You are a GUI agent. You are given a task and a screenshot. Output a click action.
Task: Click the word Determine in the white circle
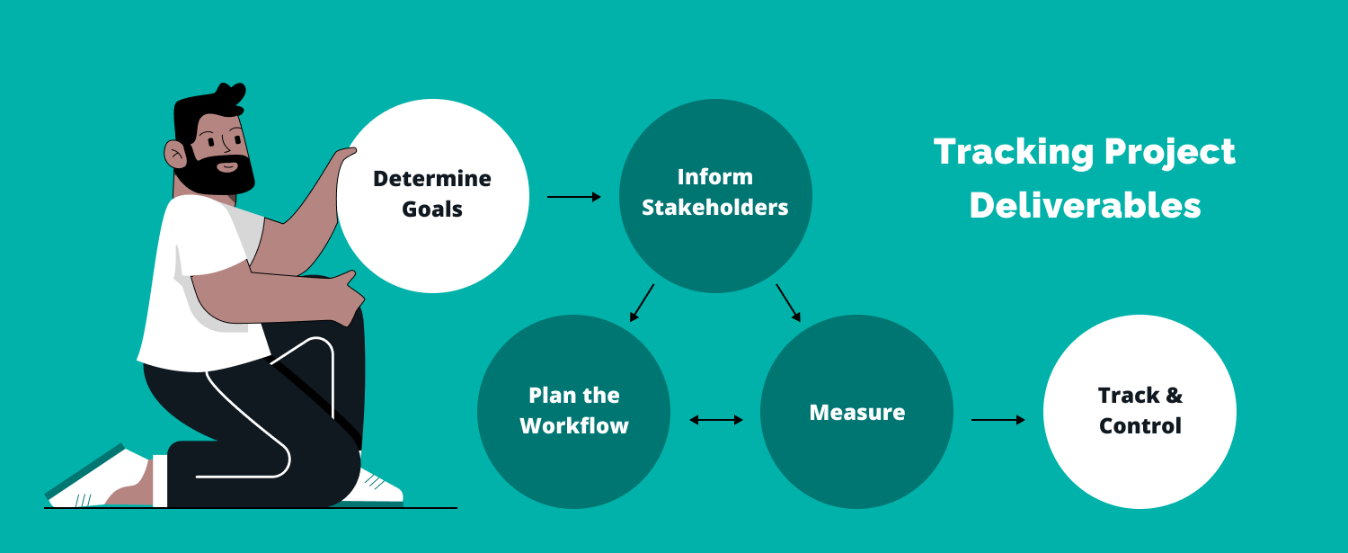click(x=432, y=179)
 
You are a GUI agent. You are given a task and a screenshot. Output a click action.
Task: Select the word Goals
click(x=432, y=210)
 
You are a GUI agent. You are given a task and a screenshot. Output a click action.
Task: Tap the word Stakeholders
click(x=715, y=208)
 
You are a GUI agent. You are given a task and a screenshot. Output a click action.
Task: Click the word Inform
click(x=715, y=177)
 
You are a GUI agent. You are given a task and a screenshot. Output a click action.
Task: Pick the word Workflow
click(x=574, y=425)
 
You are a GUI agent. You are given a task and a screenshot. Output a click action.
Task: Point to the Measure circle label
click(x=857, y=413)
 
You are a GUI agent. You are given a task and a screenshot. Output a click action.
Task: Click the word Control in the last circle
click(x=1140, y=425)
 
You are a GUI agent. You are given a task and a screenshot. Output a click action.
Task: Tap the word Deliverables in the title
click(x=1086, y=206)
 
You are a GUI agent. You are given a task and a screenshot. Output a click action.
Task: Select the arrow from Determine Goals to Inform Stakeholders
click(x=574, y=196)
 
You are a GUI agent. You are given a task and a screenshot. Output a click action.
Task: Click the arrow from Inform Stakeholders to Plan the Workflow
click(x=642, y=303)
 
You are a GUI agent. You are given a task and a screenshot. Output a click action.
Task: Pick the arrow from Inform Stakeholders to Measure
click(x=788, y=303)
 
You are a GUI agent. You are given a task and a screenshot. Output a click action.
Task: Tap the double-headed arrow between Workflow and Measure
click(x=716, y=419)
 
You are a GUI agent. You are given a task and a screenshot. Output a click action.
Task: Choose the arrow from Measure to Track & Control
click(x=998, y=419)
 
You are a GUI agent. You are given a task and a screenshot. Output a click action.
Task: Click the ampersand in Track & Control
click(x=1173, y=396)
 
